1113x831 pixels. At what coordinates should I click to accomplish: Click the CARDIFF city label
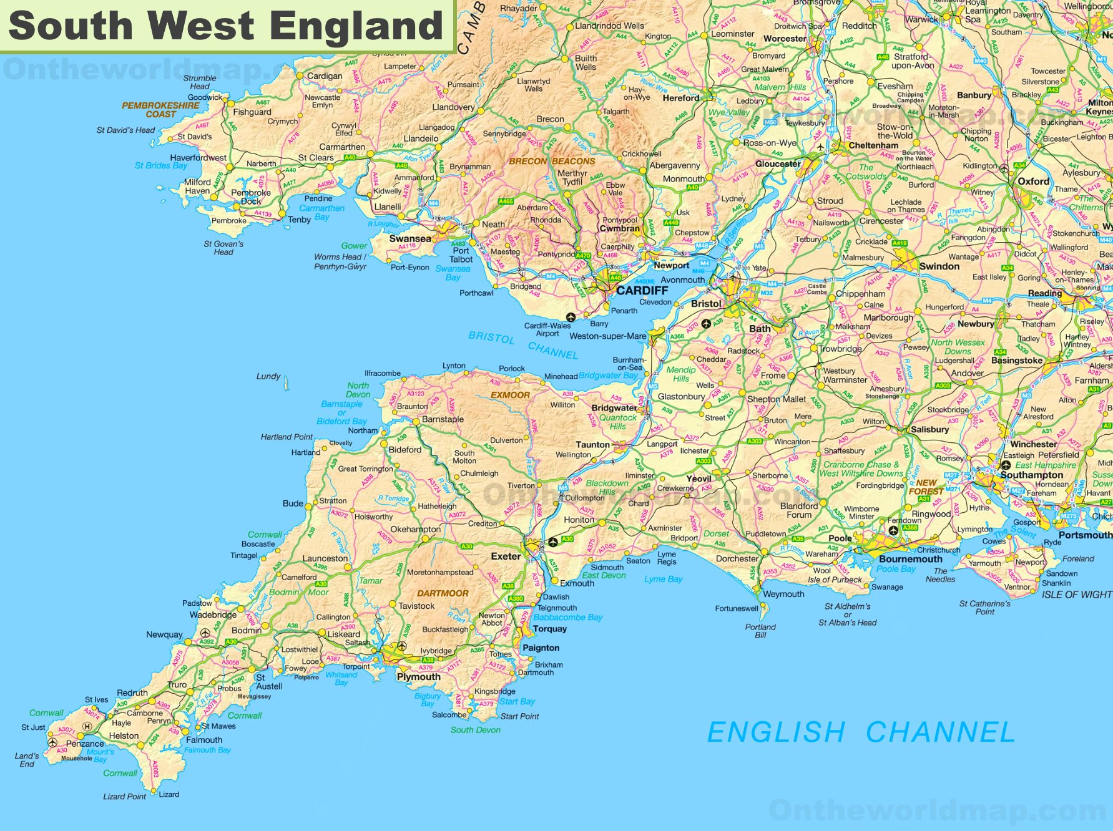(642, 290)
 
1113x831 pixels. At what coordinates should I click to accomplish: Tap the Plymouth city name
(418, 677)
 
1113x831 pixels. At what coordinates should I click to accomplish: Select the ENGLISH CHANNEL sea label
(861, 732)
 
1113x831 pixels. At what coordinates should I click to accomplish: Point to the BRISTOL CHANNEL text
(523, 345)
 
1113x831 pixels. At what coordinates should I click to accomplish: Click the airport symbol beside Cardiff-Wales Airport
(570, 317)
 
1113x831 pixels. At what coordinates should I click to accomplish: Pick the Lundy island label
(268, 376)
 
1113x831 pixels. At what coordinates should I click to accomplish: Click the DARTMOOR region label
(443, 593)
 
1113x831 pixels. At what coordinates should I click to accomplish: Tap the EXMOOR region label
(510, 395)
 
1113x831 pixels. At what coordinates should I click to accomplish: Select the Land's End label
(27, 759)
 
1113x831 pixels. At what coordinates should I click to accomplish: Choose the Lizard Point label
(124, 797)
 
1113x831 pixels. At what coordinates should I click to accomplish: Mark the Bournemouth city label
(910, 559)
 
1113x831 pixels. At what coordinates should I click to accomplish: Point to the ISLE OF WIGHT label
(1076, 595)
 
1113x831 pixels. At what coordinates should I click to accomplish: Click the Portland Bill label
(760, 631)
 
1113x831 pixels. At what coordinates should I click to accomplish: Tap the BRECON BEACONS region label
(552, 161)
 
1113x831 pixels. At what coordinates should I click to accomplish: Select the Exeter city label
(506, 556)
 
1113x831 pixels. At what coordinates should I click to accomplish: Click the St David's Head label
(125, 130)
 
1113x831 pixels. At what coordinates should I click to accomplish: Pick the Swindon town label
(939, 266)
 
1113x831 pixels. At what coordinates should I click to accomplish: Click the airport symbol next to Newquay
(205, 633)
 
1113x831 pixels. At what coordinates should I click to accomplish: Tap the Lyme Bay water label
(663, 579)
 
